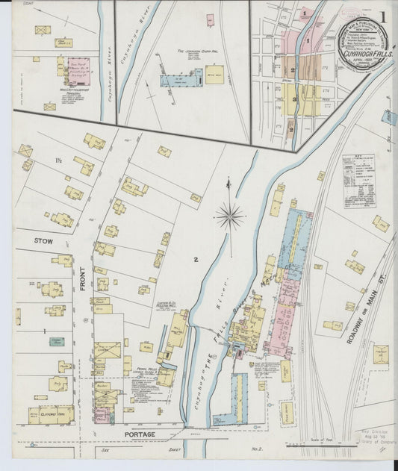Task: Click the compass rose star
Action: coord(229,216)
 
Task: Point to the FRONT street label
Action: coord(82,275)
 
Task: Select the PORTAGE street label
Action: coord(140,434)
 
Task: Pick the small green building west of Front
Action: coord(57,341)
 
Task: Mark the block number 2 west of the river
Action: coord(196,259)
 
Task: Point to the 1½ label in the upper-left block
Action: coord(57,161)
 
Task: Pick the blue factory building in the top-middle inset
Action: coord(180,79)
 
